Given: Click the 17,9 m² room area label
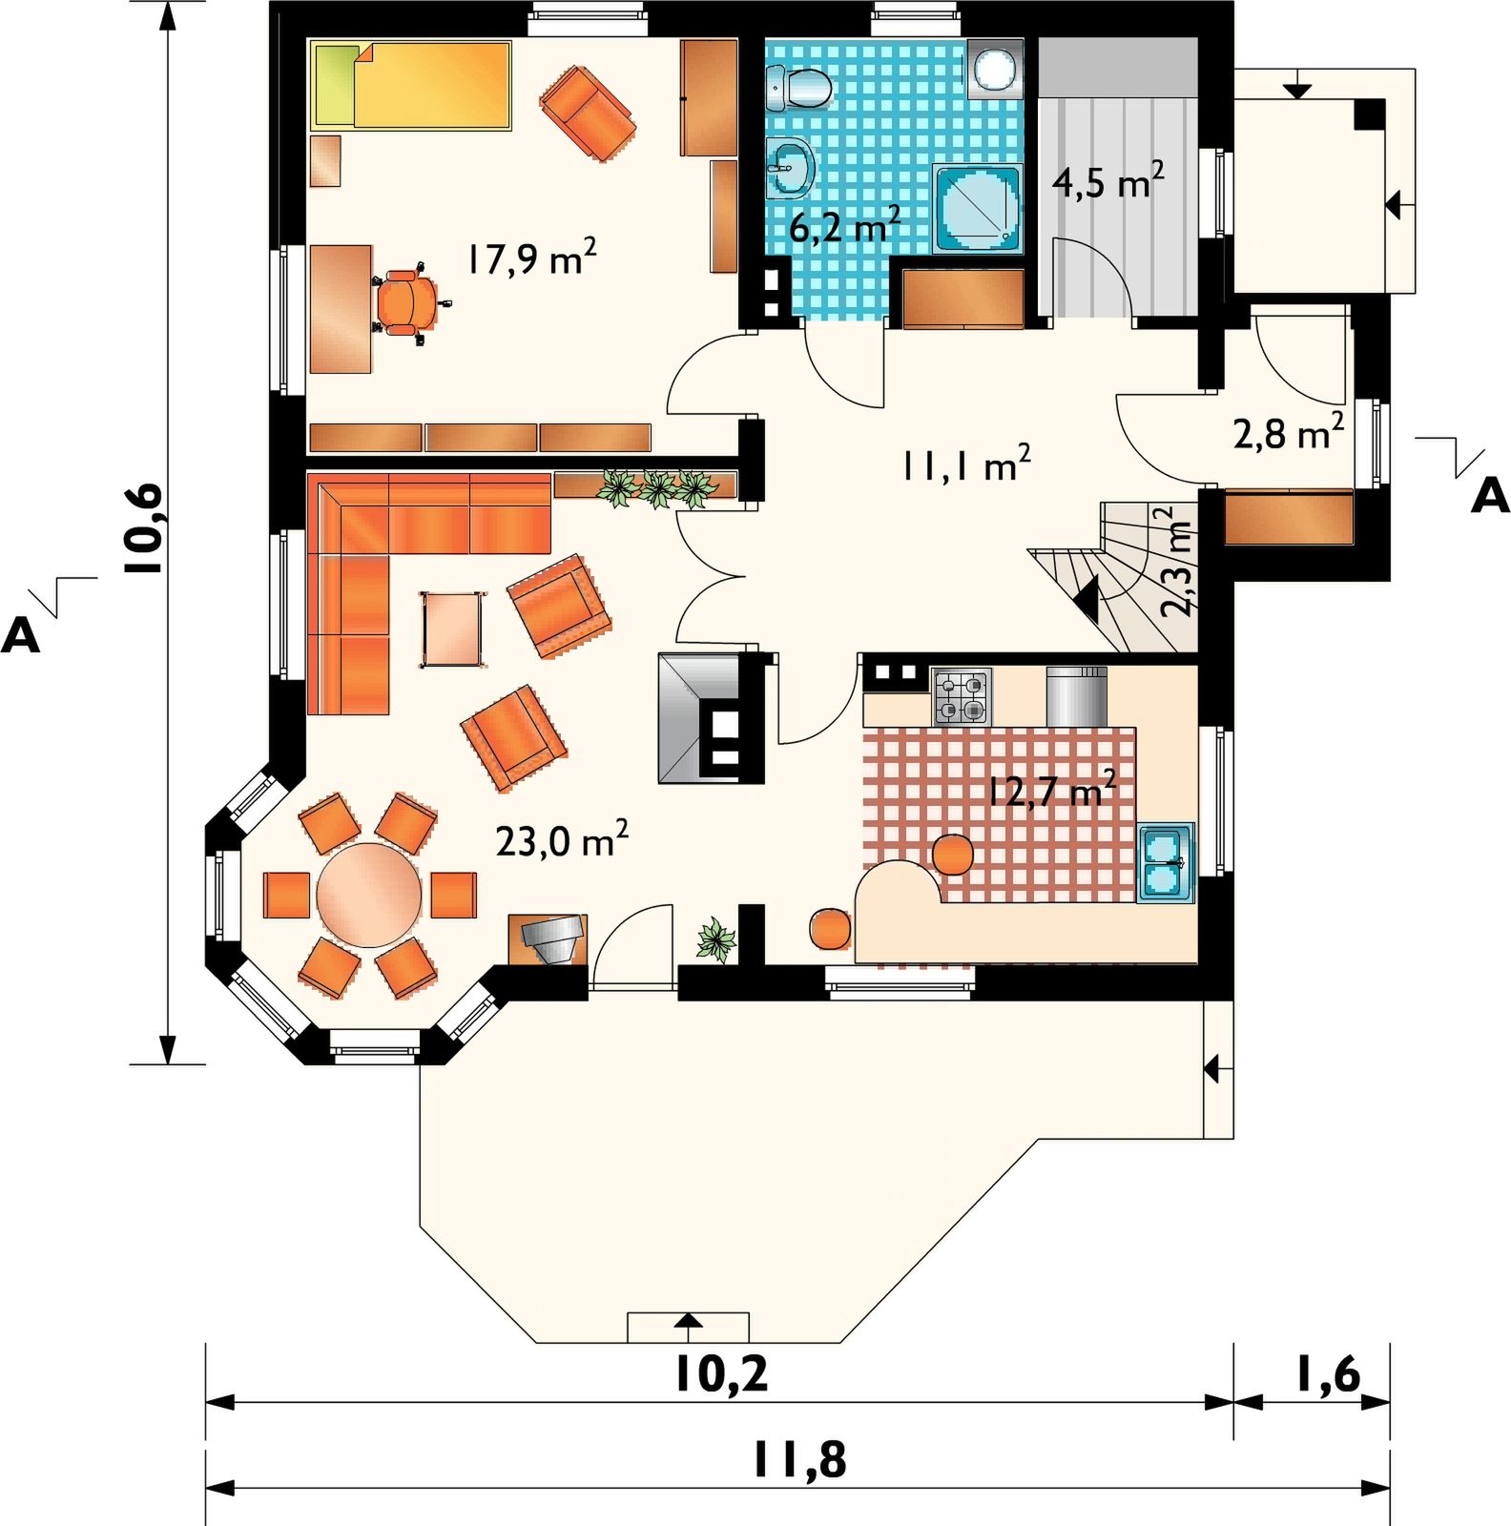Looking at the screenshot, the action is pyautogui.click(x=532, y=258).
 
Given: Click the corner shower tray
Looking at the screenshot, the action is pyautogui.click(x=976, y=209).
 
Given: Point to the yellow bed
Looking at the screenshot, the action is pyautogui.click(x=411, y=85).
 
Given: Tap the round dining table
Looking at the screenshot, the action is pyautogui.click(x=369, y=894).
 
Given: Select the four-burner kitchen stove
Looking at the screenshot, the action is pyautogui.click(x=962, y=697).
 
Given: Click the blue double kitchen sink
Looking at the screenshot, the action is pyautogui.click(x=1165, y=863).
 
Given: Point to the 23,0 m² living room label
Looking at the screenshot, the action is pyautogui.click(x=562, y=840).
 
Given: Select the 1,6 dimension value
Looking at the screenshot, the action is pyautogui.click(x=1327, y=1374).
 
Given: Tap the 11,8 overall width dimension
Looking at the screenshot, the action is pyautogui.click(x=799, y=1459).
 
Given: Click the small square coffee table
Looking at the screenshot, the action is pyautogui.click(x=451, y=629).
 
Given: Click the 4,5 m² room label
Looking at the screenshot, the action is pyautogui.click(x=1107, y=180).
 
